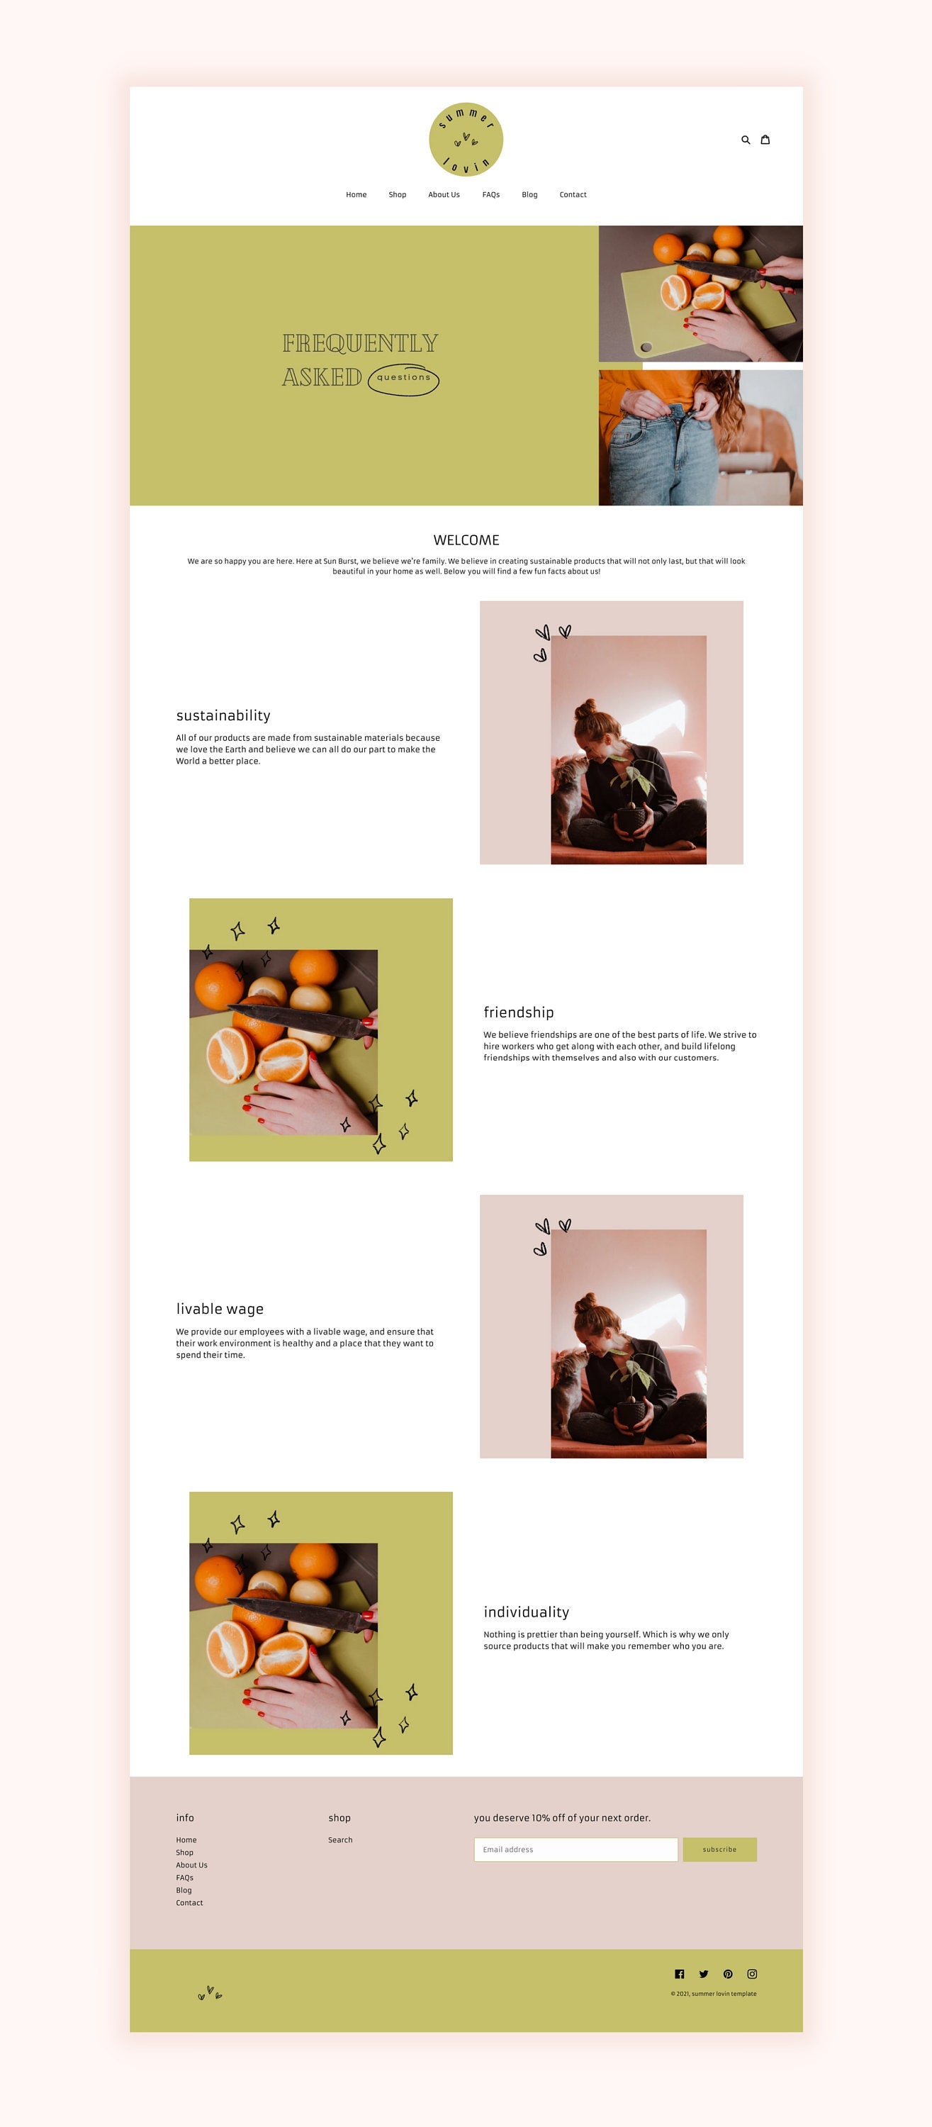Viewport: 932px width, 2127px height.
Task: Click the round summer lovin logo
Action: [x=466, y=140]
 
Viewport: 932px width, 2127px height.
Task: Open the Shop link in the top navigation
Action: [x=397, y=195]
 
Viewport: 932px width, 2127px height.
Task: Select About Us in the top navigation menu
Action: [x=443, y=195]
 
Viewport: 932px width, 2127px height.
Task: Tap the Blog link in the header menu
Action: [x=529, y=195]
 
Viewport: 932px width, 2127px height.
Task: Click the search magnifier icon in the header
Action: [x=746, y=140]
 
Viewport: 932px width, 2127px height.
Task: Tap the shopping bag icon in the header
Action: [x=765, y=140]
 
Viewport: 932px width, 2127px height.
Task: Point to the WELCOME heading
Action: [x=466, y=540]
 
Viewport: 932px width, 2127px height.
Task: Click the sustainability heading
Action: [x=223, y=715]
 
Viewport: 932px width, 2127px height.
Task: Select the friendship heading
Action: [x=518, y=1012]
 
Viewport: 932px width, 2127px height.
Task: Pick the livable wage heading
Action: [x=220, y=1309]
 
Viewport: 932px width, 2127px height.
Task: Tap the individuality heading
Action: [x=527, y=1612]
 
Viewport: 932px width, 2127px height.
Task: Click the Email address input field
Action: [x=576, y=1850]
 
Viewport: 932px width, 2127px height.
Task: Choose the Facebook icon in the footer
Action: [x=680, y=1975]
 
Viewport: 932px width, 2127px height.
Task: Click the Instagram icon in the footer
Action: [x=752, y=1975]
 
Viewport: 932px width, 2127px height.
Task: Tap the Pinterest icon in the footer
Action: [x=728, y=1975]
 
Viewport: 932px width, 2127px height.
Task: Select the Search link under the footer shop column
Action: [x=340, y=1840]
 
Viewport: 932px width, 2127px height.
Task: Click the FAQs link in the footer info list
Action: [x=184, y=1877]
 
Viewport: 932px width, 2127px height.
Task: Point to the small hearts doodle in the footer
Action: [x=210, y=1993]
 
